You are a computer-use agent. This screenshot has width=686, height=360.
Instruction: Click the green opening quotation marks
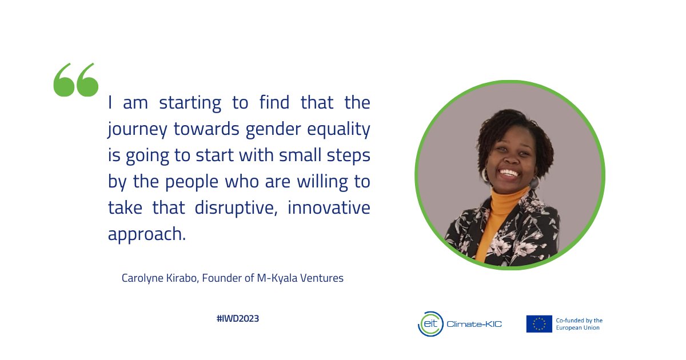coord(75,80)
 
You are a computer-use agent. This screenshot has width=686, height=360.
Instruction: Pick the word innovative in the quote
coord(329,207)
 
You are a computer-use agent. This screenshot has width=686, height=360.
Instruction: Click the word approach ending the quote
coord(147,234)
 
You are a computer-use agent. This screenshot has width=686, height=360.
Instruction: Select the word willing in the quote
coord(319,182)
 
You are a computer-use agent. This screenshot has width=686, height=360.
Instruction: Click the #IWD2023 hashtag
coord(238,319)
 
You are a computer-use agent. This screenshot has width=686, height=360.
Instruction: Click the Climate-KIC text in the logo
coord(474,325)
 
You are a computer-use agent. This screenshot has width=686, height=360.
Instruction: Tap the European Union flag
coord(539,324)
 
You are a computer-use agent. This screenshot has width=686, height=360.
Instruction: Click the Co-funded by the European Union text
coord(579,324)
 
